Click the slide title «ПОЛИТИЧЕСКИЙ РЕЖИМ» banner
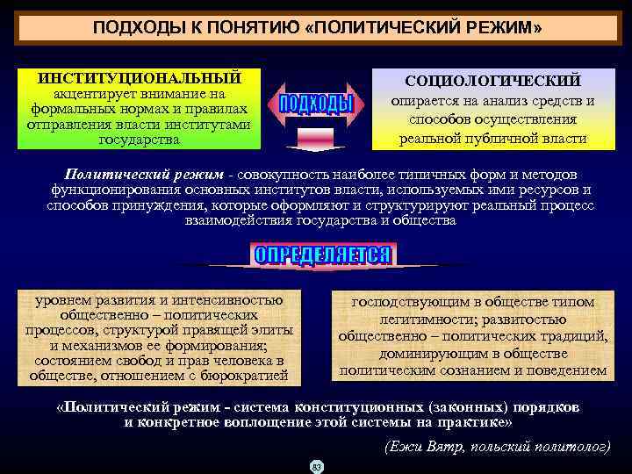pyautogui.click(x=317, y=28)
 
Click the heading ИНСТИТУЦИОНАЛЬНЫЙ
pyautogui.click(x=140, y=77)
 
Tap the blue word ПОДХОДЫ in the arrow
pyautogui.click(x=316, y=104)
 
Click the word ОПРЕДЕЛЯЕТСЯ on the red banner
pyautogui.click(x=322, y=255)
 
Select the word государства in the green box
pyautogui.click(x=140, y=140)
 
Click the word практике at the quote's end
pyautogui.click(x=471, y=422)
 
